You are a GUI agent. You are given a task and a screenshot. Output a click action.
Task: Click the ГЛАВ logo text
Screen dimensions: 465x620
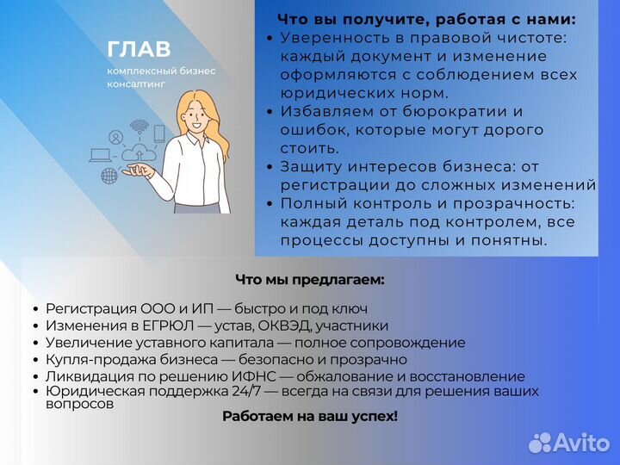tap(139, 50)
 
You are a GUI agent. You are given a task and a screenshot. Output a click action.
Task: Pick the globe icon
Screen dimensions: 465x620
tap(109, 176)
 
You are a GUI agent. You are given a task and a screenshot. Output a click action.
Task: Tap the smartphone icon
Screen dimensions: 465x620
tap(159, 133)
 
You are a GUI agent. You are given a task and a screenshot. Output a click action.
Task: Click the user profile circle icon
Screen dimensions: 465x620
tap(115, 137)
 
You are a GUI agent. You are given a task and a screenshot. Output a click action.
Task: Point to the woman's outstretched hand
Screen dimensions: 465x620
tap(139, 171)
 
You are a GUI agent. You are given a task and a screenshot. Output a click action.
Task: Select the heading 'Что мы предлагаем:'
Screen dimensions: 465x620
tap(309, 279)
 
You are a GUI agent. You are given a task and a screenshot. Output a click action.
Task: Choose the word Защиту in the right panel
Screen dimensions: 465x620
tap(310, 166)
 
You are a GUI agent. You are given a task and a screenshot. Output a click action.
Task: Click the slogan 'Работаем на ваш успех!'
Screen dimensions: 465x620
tap(310, 416)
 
